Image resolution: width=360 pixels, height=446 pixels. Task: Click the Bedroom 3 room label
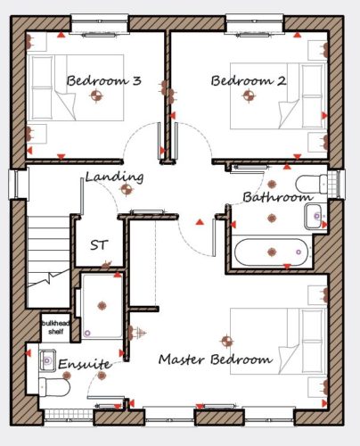[x=103, y=80]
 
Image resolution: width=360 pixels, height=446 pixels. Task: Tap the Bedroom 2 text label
[x=249, y=80]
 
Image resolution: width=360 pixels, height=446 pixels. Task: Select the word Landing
[x=115, y=178]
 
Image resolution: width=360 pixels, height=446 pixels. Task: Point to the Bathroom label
[x=278, y=197]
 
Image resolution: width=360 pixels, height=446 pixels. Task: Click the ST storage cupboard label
[x=99, y=245]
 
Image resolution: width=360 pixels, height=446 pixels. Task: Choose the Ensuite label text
[x=85, y=364]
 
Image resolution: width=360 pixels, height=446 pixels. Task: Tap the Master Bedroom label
[x=216, y=359]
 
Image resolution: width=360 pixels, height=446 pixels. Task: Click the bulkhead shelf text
[x=56, y=327]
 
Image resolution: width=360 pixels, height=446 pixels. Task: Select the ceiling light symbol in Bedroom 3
[x=96, y=95]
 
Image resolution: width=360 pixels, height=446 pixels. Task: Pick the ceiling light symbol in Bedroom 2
[x=249, y=95]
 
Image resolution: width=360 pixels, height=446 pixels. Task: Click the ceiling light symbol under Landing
[x=127, y=189]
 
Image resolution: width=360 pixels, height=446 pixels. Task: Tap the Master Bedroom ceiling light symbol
[x=227, y=342]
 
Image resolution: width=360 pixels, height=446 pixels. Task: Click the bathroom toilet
[x=311, y=184]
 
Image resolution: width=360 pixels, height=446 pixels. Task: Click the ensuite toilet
[x=54, y=387]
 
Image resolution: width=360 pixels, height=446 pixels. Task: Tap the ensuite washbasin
[x=47, y=360]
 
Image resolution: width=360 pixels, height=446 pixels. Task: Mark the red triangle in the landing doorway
[x=200, y=222]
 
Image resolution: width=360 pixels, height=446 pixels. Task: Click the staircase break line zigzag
[x=49, y=278]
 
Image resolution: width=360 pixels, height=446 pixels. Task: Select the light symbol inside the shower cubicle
[x=102, y=306]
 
